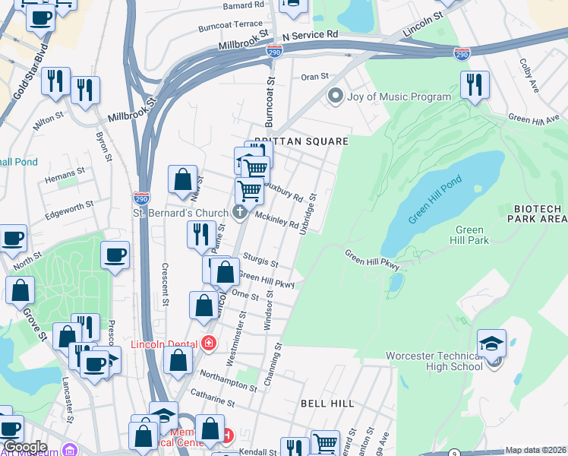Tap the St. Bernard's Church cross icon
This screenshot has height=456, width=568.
241,212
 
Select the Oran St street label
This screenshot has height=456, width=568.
314,77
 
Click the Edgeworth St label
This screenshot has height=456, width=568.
68,205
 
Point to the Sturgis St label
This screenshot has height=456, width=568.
260,261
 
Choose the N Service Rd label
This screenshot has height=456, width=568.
310,35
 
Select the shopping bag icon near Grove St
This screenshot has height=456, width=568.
20,290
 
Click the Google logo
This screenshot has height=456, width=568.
25,448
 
